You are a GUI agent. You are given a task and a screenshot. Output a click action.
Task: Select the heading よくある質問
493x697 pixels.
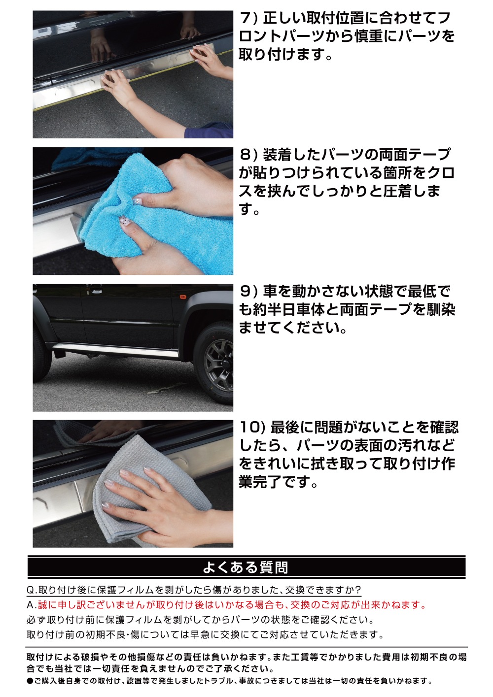(x=246, y=567)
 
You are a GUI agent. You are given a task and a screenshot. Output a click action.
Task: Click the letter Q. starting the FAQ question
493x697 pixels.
(x=32, y=590)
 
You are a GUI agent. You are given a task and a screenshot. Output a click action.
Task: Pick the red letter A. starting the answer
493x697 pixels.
(x=32, y=605)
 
